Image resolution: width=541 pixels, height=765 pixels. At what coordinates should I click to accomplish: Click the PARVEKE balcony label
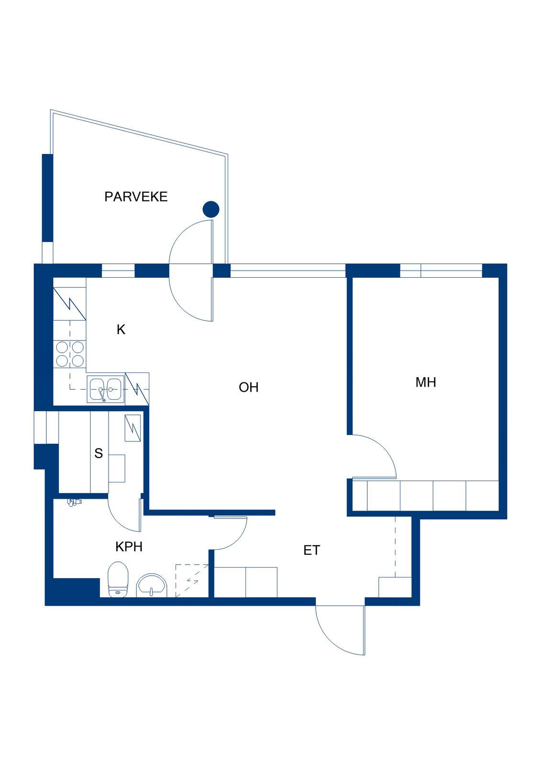(136, 197)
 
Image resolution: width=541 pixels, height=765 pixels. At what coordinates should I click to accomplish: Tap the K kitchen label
(121, 329)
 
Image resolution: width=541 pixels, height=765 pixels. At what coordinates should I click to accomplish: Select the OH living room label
(248, 387)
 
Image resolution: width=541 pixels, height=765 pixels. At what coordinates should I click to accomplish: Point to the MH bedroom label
(426, 382)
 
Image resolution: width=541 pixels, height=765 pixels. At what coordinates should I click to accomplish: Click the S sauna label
(99, 453)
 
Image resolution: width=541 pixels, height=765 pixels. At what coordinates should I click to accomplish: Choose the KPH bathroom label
(129, 547)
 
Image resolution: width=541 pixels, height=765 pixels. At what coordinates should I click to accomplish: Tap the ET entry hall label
(312, 550)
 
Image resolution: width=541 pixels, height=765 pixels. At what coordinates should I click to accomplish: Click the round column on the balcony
(211, 209)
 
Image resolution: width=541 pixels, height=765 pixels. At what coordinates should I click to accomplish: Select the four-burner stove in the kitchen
(70, 354)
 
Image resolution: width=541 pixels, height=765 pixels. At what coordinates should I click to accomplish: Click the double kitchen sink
(106, 389)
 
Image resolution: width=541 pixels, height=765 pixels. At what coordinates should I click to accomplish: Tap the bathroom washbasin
(152, 585)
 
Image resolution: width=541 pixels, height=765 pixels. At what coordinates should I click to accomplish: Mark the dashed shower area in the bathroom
(192, 581)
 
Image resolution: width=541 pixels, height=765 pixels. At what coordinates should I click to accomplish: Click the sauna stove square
(132, 428)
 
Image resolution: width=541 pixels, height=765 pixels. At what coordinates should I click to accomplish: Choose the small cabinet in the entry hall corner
(395, 587)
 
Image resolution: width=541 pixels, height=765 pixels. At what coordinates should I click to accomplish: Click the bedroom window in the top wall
(441, 271)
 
